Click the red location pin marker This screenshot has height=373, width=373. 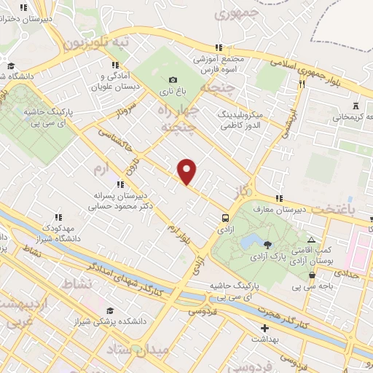pyautogui.click(x=187, y=171)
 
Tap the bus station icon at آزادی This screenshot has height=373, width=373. pyautogui.click(x=225, y=217)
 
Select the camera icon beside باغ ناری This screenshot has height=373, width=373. pyautogui.click(x=173, y=80)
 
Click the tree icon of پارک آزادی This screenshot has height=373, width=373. pyautogui.click(x=267, y=244)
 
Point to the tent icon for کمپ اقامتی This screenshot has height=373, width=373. pyautogui.click(x=311, y=240)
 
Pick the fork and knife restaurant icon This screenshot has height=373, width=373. pyautogui.click(x=300, y=84)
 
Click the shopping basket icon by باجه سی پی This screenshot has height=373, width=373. pyautogui.click(x=312, y=275)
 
